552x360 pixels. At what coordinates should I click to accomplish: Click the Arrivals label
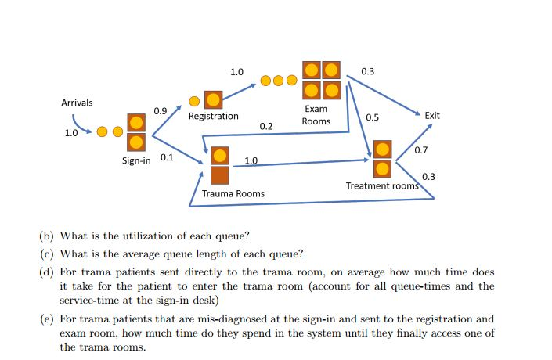(77, 103)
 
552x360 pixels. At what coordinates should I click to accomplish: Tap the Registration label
(213, 116)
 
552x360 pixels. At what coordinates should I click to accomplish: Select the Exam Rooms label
(316, 115)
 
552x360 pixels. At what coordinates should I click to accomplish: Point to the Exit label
(432, 115)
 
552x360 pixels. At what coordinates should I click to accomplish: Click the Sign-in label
(136, 160)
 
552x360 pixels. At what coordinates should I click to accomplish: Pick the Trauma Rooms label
(233, 193)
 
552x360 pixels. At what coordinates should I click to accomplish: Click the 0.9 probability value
(160, 110)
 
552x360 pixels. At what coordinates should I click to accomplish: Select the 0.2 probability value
(266, 126)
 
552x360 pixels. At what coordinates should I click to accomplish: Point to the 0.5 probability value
(372, 117)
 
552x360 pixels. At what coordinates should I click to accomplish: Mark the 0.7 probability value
(420, 149)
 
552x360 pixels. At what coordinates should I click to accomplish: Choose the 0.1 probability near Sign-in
(166, 157)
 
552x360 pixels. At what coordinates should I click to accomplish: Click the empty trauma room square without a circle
(220, 175)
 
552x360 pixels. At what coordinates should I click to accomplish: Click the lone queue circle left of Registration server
(194, 100)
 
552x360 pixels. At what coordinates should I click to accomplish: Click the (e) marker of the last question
(47, 319)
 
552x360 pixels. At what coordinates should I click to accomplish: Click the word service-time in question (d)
(92, 301)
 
